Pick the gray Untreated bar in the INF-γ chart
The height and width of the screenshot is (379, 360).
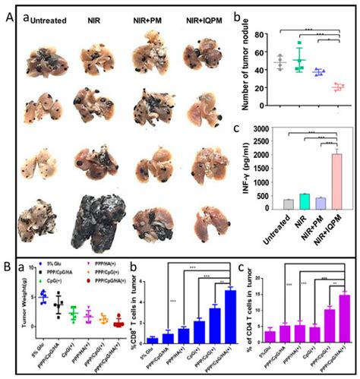287,204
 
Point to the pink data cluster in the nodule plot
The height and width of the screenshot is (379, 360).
336,87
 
